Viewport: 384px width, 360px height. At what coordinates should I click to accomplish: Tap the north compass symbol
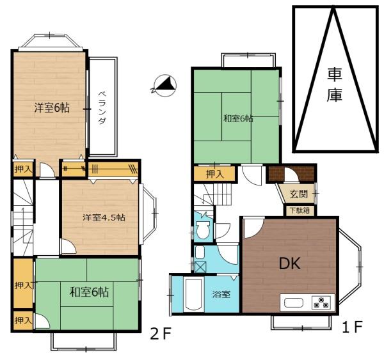[164, 86]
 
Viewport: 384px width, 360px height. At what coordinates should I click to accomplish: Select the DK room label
[290, 264]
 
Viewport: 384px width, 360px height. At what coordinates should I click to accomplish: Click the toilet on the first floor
[202, 230]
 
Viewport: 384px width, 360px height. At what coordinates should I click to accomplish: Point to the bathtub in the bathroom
[194, 294]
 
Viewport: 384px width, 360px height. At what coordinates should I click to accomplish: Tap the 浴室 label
[221, 294]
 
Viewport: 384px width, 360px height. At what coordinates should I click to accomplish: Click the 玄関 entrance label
[298, 194]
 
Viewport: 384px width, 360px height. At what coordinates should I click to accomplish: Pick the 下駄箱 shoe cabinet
[300, 210]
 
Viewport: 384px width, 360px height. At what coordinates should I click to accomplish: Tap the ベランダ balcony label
[102, 107]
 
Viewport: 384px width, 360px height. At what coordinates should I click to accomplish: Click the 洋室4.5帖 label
[104, 217]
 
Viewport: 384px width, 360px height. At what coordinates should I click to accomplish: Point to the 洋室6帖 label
[52, 107]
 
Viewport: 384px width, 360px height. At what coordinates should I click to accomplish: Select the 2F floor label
[160, 334]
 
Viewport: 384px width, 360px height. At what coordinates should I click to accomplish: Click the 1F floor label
[352, 327]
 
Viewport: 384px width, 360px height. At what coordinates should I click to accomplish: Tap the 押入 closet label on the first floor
[215, 174]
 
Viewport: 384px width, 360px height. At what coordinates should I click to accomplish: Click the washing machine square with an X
[200, 267]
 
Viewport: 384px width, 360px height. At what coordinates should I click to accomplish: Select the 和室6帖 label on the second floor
[89, 292]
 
